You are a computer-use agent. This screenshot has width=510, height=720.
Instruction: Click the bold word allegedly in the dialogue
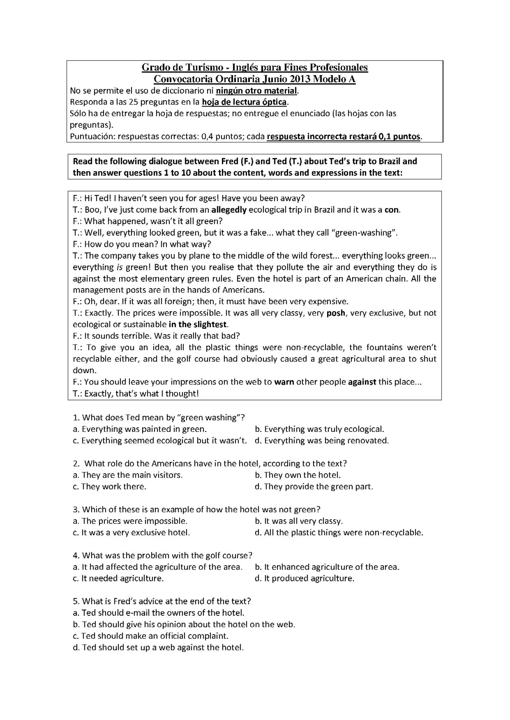[x=229, y=210]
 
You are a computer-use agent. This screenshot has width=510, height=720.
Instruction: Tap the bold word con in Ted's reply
[x=392, y=210]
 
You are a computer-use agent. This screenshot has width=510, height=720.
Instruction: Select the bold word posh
[x=336, y=313]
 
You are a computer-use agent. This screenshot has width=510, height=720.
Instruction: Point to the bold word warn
[x=284, y=382]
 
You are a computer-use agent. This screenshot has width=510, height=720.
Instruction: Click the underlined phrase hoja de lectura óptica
[x=244, y=102]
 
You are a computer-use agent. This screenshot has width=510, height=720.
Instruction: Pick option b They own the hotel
[x=298, y=475]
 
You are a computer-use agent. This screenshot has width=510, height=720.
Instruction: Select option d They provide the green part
[x=314, y=486]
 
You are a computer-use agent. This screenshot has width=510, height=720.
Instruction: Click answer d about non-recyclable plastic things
[x=339, y=533]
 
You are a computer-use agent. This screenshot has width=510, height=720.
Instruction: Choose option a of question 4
[x=158, y=567]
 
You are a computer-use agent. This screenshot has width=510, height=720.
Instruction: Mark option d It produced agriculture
[x=304, y=578]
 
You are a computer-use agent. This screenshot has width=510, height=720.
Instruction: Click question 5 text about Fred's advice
[x=162, y=601]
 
